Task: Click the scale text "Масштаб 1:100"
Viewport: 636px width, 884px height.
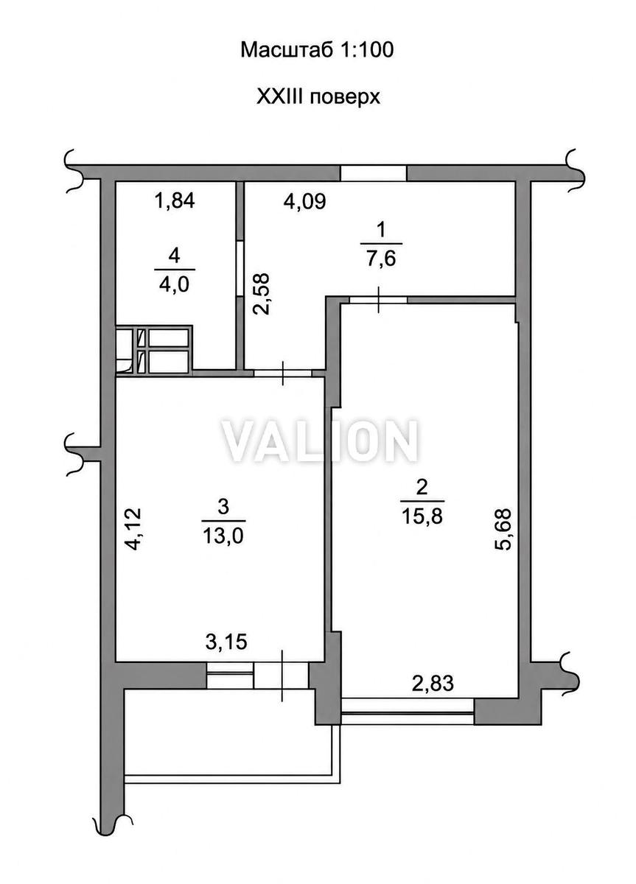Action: coord(317,51)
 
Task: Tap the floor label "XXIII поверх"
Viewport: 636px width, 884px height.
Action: coord(318,97)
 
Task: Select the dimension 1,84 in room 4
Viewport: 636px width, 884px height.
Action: coord(175,200)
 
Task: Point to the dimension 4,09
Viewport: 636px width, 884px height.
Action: coord(305,201)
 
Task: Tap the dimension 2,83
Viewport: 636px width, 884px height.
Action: coord(433,683)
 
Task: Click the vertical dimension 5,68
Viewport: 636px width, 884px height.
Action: coord(503,529)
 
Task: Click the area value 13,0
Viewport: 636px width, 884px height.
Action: coord(223,536)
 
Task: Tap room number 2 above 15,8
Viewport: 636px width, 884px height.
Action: coord(422,488)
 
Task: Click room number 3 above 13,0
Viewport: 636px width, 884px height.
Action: coord(223,507)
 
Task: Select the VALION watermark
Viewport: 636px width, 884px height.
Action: coord(319,441)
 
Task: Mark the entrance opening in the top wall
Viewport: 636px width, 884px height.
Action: coord(373,173)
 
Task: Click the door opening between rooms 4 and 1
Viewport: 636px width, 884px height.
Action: coord(240,268)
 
